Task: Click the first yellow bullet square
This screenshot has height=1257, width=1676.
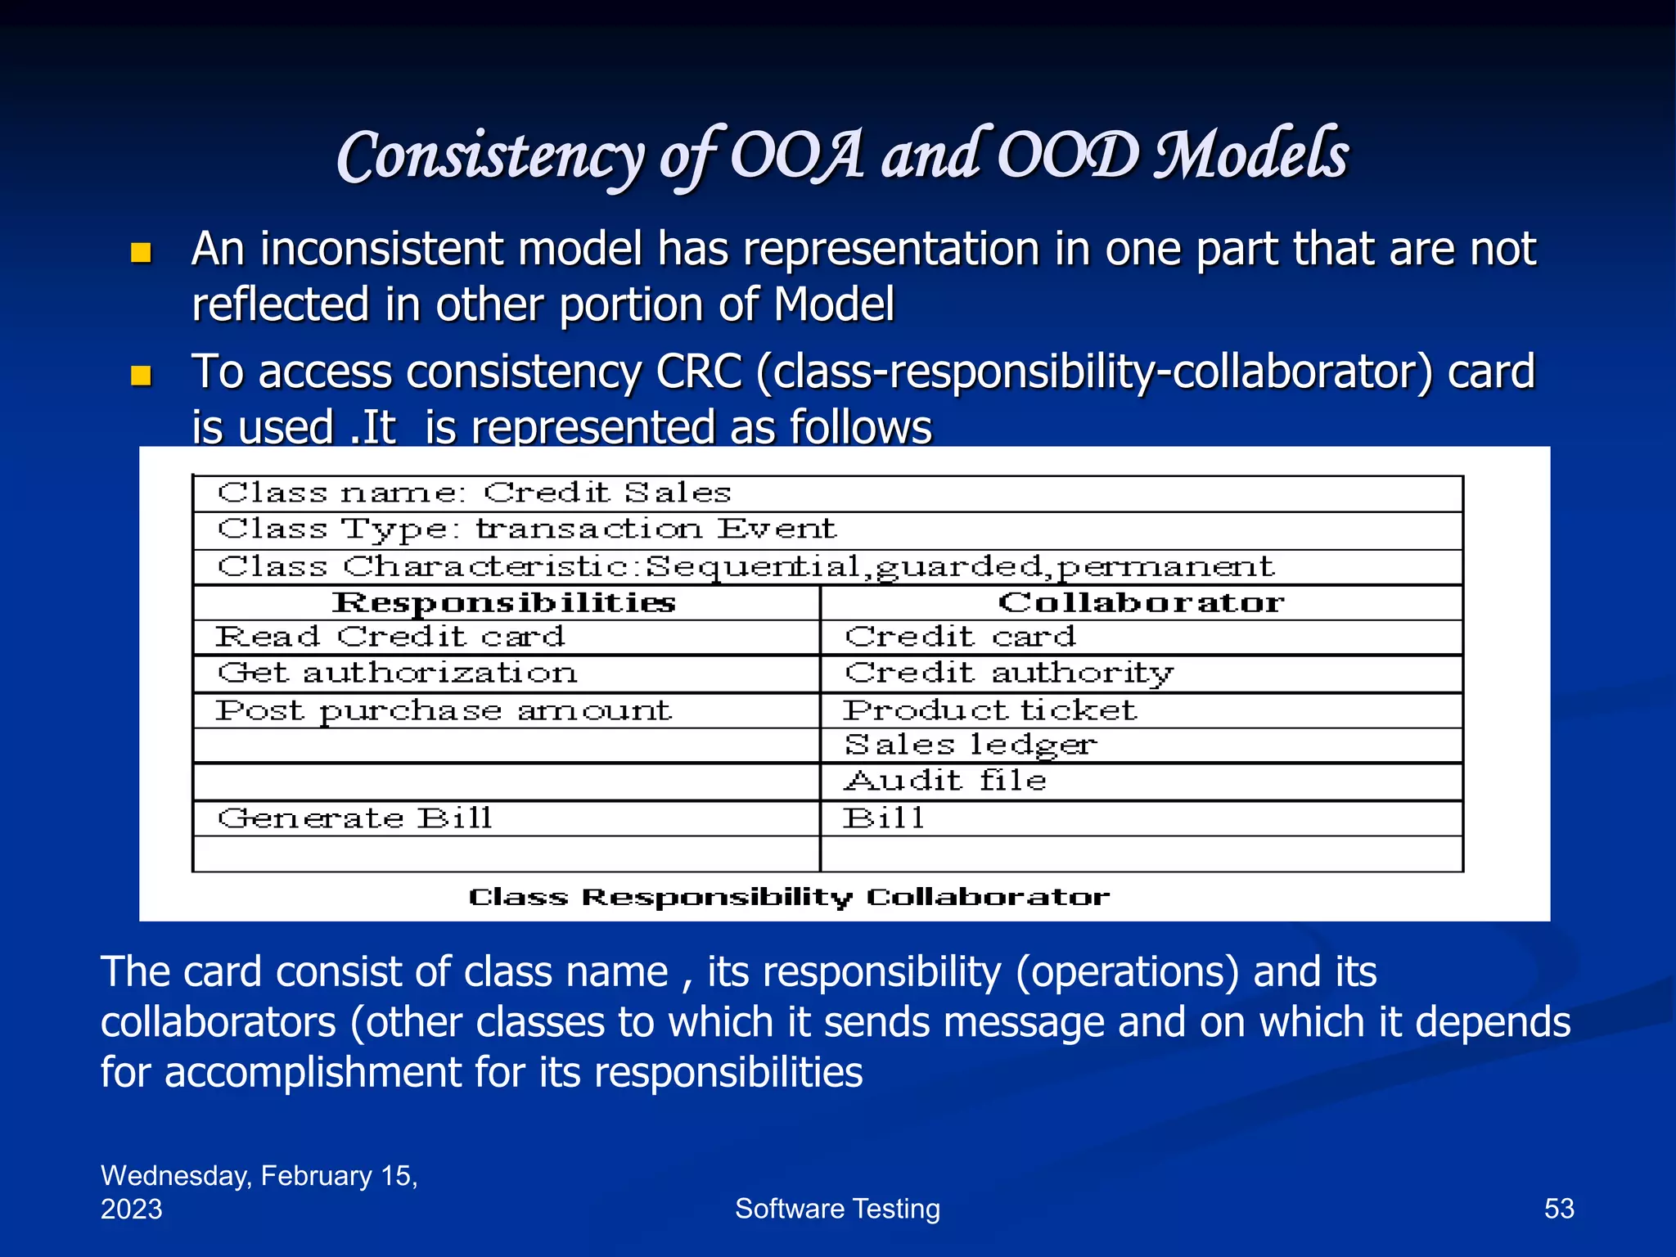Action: tap(142, 253)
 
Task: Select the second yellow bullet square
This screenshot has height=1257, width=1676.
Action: tap(142, 376)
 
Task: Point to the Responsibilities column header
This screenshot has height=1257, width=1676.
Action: tap(505, 603)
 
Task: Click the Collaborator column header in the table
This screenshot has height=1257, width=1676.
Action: tap(1141, 603)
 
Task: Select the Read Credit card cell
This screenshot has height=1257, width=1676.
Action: tap(390, 637)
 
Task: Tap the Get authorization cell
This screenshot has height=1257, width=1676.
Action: tap(398, 674)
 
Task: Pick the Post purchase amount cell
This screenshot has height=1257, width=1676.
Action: tap(443, 710)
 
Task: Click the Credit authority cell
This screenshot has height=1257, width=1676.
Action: tap(1009, 674)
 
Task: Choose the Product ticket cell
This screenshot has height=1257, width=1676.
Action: tap(990, 710)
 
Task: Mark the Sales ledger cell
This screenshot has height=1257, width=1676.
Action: tap(970, 746)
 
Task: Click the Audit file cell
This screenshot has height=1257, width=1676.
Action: tap(945, 782)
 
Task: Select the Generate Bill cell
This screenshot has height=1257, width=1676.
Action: tap(354, 818)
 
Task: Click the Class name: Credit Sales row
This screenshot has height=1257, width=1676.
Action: tap(475, 493)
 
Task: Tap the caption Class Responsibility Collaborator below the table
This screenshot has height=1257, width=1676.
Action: tap(789, 897)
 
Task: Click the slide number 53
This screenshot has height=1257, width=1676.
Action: tap(1558, 1209)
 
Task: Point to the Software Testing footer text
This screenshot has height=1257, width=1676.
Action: tap(837, 1209)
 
